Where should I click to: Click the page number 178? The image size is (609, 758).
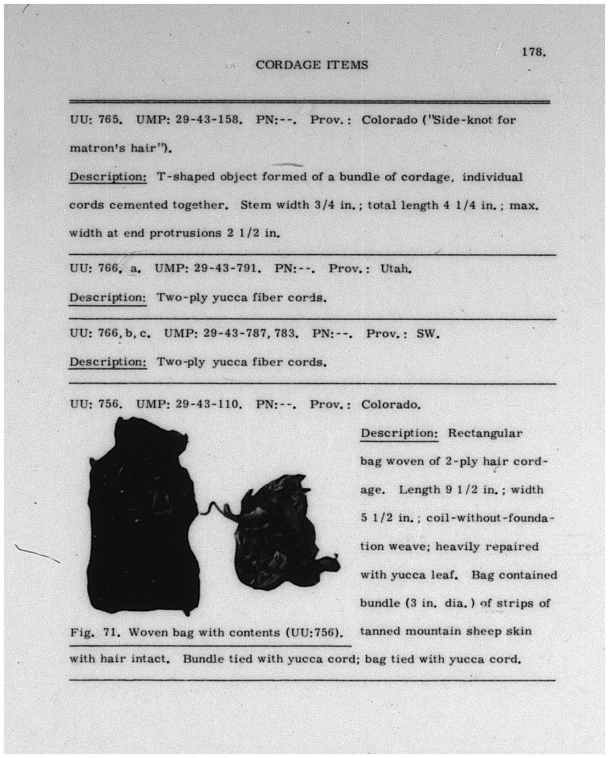533,52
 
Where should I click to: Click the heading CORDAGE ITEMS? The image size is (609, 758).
311,65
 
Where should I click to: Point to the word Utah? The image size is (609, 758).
395,269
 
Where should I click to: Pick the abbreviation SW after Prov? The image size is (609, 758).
428,333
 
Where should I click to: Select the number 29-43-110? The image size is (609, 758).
208,405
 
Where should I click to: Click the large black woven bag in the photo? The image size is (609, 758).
140,516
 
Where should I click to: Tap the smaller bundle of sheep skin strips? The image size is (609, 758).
280,533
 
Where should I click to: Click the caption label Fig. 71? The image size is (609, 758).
91,632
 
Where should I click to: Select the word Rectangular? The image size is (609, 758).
485,433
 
